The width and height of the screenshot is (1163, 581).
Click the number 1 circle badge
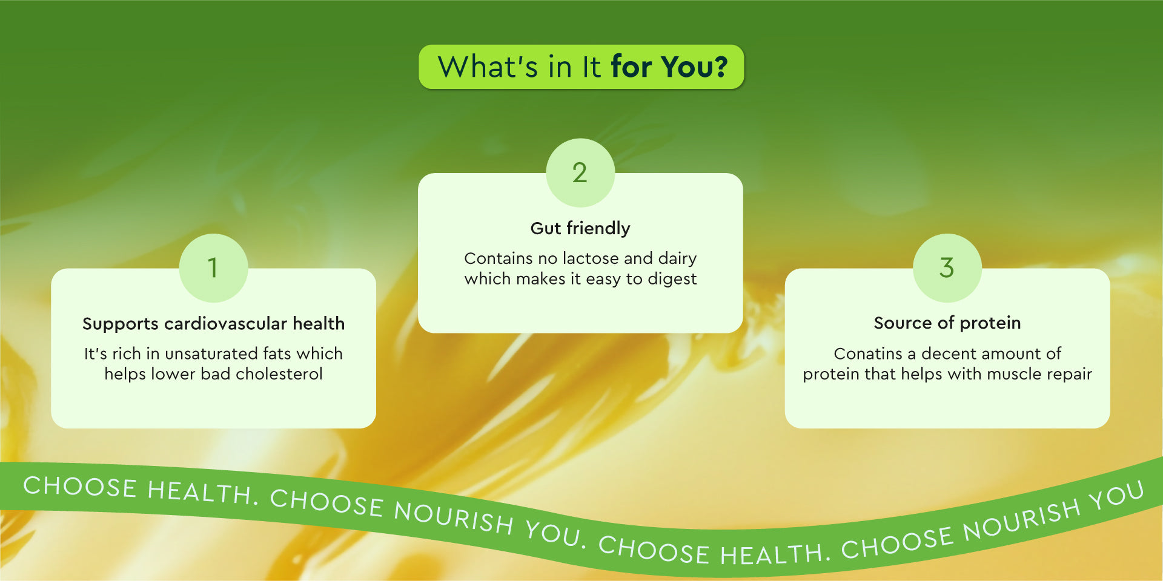(x=213, y=268)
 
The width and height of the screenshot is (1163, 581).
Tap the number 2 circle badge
(x=580, y=172)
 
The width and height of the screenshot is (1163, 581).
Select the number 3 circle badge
(x=947, y=268)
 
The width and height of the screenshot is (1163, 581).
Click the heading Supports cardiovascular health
(x=213, y=324)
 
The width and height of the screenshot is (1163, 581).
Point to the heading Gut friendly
(x=580, y=228)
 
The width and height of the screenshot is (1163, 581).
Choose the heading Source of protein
(x=947, y=323)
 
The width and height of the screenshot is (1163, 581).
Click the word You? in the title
(x=694, y=67)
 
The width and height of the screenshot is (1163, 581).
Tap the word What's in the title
(x=488, y=67)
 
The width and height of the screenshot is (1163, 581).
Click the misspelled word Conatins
(x=868, y=353)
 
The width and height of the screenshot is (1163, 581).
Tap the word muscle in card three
(x=1015, y=374)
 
